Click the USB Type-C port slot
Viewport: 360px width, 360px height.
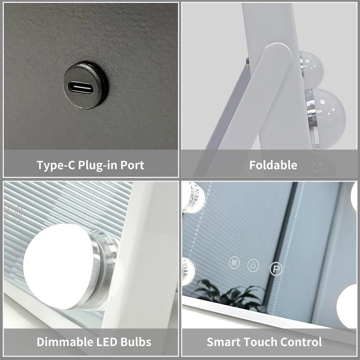tap(81, 88)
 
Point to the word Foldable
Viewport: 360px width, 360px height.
tap(273, 165)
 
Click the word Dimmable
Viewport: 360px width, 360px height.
tap(64, 342)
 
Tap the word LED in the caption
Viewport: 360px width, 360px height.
tap(106, 342)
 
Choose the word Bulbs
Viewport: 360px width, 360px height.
tap(136, 342)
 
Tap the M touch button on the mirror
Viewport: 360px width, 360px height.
tap(234, 262)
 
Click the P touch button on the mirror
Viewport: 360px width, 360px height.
tap(276, 269)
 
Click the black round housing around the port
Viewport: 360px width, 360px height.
tap(85, 85)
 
